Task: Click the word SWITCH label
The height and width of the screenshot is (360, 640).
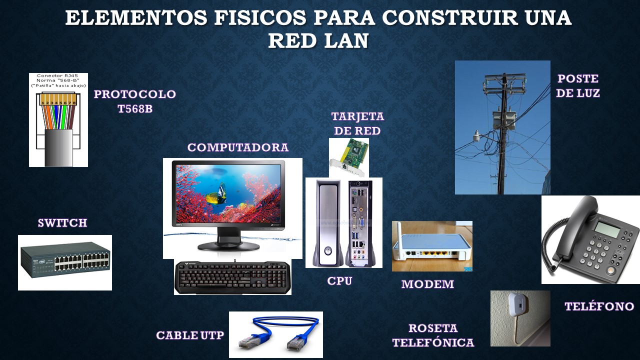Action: click(x=62, y=223)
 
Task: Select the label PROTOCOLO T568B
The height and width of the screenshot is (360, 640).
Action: click(x=135, y=101)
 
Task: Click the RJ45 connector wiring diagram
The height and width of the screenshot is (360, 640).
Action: click(x=58, y=120)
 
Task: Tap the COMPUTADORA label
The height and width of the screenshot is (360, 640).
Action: click(x=238, y=147)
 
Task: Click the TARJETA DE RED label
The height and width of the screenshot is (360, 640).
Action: click(x=357, y=123)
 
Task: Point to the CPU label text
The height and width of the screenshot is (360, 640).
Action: click(x=340, y=281)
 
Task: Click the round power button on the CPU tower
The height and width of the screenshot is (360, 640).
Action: click(x=327, y=249)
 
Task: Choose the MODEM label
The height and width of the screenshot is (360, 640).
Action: click(x=427, y=284)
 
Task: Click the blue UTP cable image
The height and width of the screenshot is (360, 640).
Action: click(x=276, y=333)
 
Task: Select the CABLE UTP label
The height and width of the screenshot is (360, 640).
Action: click(x=190, y=335)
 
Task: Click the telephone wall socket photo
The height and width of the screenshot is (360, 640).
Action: click(x=520, y=318)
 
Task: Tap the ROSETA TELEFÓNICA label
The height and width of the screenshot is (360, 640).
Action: click(x=433, y=335)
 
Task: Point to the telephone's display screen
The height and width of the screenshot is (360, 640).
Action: click(x=608, y=230)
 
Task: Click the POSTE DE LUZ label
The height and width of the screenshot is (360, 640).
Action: click(x=578, y=86)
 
